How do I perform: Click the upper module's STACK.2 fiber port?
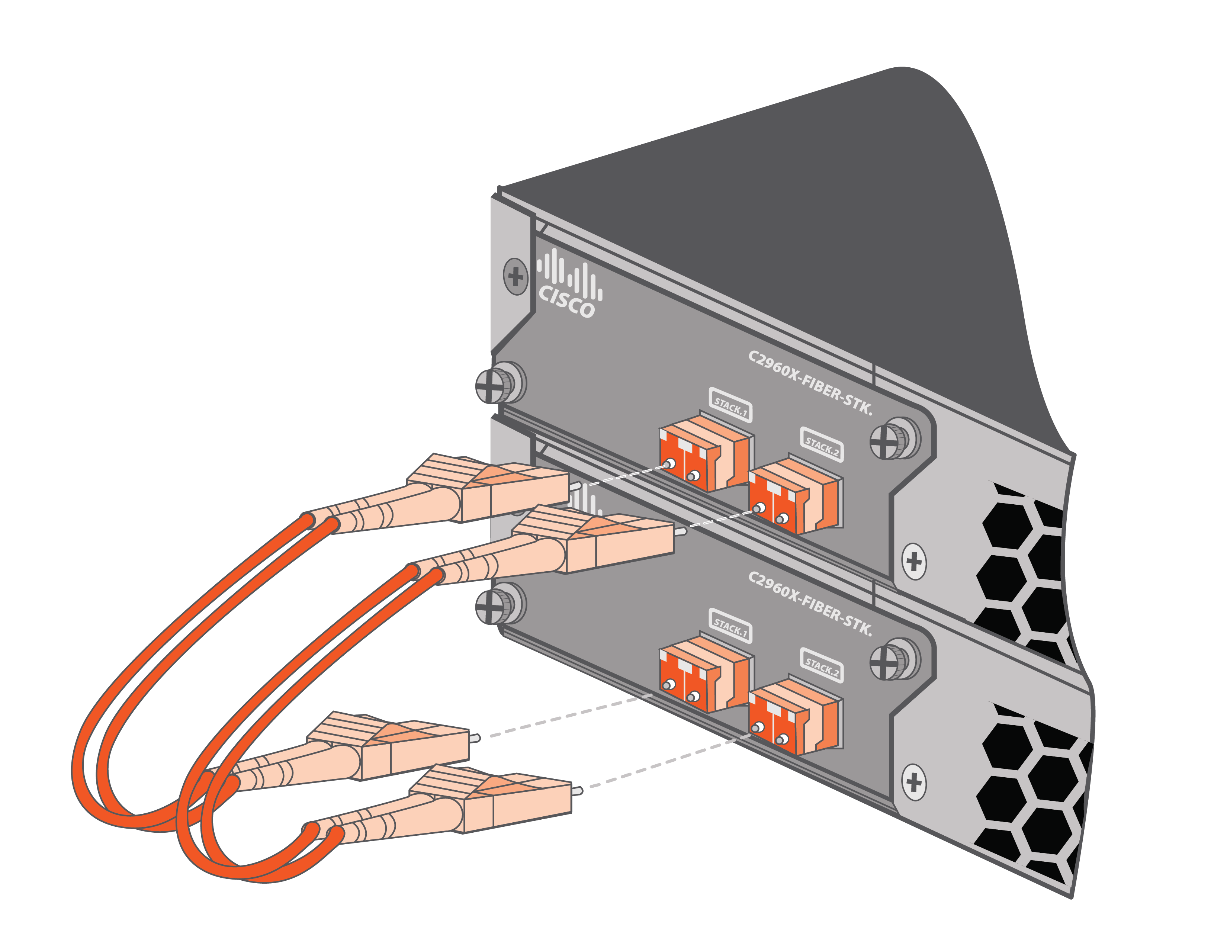[796, 496]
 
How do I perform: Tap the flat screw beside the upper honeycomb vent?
[914, 561]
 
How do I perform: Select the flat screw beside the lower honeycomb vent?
[914, 782]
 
